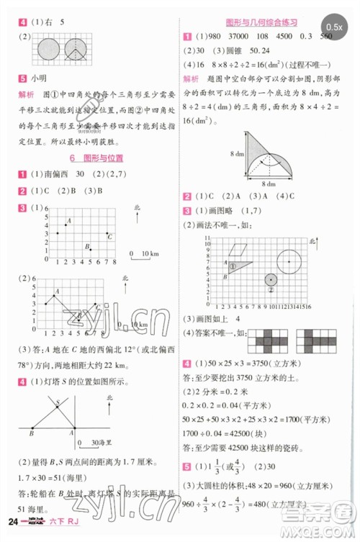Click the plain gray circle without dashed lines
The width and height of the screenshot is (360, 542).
coord(49,50)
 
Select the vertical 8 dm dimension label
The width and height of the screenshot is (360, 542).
coord(234,154)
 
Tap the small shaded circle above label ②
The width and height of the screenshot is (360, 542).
coord(271,279)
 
